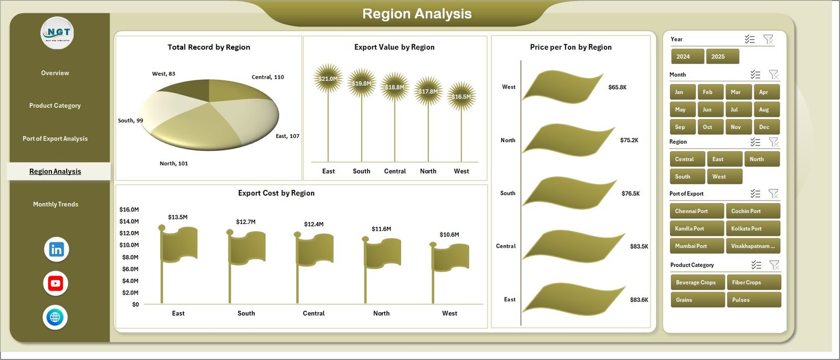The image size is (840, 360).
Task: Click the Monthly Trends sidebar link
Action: coord(55,204)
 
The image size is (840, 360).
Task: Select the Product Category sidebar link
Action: coord(55,105)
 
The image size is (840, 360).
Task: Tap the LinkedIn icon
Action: coord(56,249)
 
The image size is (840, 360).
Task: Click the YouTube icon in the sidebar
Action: coord(56,283)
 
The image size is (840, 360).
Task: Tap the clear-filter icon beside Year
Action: coord(768,39)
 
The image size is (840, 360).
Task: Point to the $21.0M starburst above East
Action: coord(328,79)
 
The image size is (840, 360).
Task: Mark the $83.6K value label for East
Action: coord(639,300)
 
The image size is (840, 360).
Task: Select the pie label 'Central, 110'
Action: coord(268,77)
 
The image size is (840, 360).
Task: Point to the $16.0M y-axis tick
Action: coord(129,209)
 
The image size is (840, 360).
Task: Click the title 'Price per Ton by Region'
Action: coord(571,47)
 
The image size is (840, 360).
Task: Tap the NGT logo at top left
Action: coord(57,33)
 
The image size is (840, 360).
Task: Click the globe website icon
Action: coord(55,317)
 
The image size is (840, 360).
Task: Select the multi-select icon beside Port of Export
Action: coord(755,194)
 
